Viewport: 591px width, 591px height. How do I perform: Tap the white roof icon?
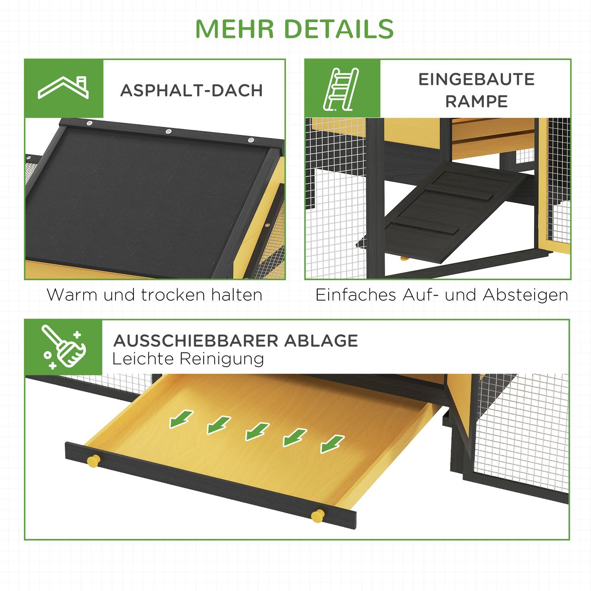click(x=63, y=88)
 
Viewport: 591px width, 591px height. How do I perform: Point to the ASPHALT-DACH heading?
click(x=192, y=90)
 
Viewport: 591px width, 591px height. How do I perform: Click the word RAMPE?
click(x=476, y=102)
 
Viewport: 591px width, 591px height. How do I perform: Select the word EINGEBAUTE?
click(x=476, y=79)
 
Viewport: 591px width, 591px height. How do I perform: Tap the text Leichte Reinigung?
click(x=188, y=359)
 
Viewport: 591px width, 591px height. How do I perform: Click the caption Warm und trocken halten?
click(x=155, y=295)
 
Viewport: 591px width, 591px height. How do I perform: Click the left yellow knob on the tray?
click(x=94, y=461)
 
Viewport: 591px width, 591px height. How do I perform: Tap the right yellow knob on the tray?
click(x=317, y=516)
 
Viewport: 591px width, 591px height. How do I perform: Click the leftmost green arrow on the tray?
click(x=181, y=419)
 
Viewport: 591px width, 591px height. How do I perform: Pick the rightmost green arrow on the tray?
click(x=332, y=443)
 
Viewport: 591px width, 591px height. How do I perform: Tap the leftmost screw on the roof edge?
click(x=90, y=123)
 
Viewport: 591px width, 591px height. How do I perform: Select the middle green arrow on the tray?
click(x=257, y=431)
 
